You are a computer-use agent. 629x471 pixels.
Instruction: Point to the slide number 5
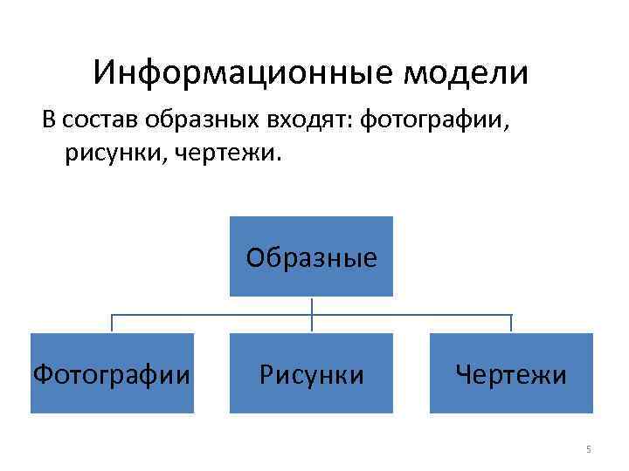[588, 449]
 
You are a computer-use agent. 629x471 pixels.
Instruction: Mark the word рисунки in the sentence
[110, 153]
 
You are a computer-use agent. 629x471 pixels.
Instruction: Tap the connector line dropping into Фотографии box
[111, 324]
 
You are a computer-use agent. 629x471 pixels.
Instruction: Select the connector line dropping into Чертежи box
[511, 324]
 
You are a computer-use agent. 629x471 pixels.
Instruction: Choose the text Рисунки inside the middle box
[311, 376]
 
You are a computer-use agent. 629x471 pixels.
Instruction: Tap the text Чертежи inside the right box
[511, 376]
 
